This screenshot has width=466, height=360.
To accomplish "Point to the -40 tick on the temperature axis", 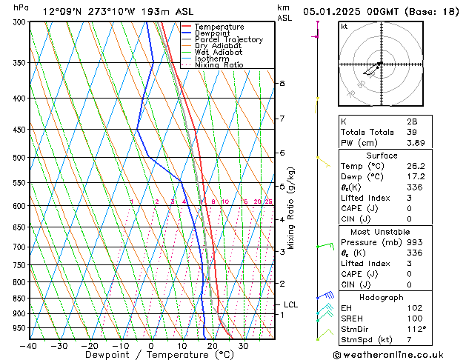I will click(x=30, y=346).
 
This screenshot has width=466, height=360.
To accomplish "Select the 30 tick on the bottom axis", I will click(x=243, y=346).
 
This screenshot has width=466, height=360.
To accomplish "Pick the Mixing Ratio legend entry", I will click(x=219, y=65).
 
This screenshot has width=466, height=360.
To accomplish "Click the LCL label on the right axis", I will click(x=291, y=304).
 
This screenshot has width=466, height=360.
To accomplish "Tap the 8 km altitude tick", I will click(x=282, y=84).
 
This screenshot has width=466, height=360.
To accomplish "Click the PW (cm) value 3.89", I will click(x=416, y=143).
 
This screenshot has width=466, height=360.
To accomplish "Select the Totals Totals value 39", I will click(x=411, y=132).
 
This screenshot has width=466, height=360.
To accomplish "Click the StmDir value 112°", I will click(x=416, y=329).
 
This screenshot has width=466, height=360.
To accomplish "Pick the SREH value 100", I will click(x=413, y=318).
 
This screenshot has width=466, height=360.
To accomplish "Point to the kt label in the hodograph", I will click(x=344, y=27).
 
